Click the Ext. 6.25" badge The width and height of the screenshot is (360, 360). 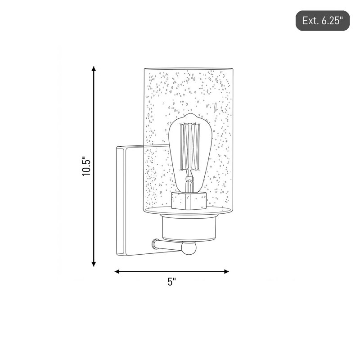(x=322, y=21)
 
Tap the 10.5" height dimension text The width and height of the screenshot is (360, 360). (x=87, y=166)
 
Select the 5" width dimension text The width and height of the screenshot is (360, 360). (x=171, y=282)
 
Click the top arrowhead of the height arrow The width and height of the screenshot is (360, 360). (x=94, y=69)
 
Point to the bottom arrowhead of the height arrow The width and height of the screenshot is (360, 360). (x=94, y=264)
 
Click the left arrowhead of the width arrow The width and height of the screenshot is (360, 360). (x=117, y=272)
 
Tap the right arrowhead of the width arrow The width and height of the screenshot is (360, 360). (x=226, y=272)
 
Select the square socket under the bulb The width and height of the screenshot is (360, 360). (x=189, y=201)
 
